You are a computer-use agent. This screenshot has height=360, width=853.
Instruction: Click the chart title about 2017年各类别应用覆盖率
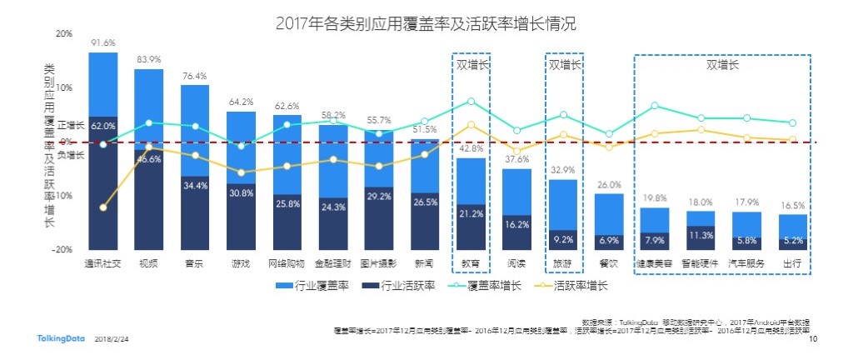coord(425,24)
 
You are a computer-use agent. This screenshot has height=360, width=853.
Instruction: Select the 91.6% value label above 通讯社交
coord(103,42)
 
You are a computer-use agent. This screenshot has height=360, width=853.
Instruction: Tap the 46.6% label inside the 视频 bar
coord(149,159)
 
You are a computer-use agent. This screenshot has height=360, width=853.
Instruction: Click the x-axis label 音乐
coord(195,263)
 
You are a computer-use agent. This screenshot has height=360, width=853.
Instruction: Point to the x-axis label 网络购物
coord(287,263)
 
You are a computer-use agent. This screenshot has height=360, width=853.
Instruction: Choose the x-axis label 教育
coord(471,263)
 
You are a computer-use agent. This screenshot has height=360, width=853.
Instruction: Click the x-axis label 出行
coord(792,263)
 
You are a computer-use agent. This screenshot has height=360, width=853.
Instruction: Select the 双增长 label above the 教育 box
coord(471,64)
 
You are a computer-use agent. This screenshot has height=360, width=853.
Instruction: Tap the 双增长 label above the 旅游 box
coord(563,64)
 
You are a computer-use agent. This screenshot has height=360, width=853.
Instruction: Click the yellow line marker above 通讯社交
coord(102,207)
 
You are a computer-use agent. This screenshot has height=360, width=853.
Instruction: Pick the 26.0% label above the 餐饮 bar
coord(609,185)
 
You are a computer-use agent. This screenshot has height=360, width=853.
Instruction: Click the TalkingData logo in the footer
coord(60,339)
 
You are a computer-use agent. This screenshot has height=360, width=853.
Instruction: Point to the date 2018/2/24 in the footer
coord(112,340)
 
